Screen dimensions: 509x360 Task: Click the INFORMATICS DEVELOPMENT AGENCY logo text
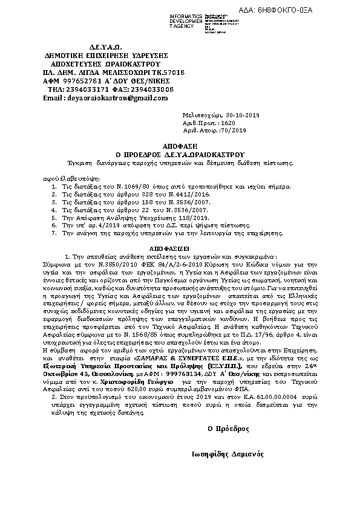170,19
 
